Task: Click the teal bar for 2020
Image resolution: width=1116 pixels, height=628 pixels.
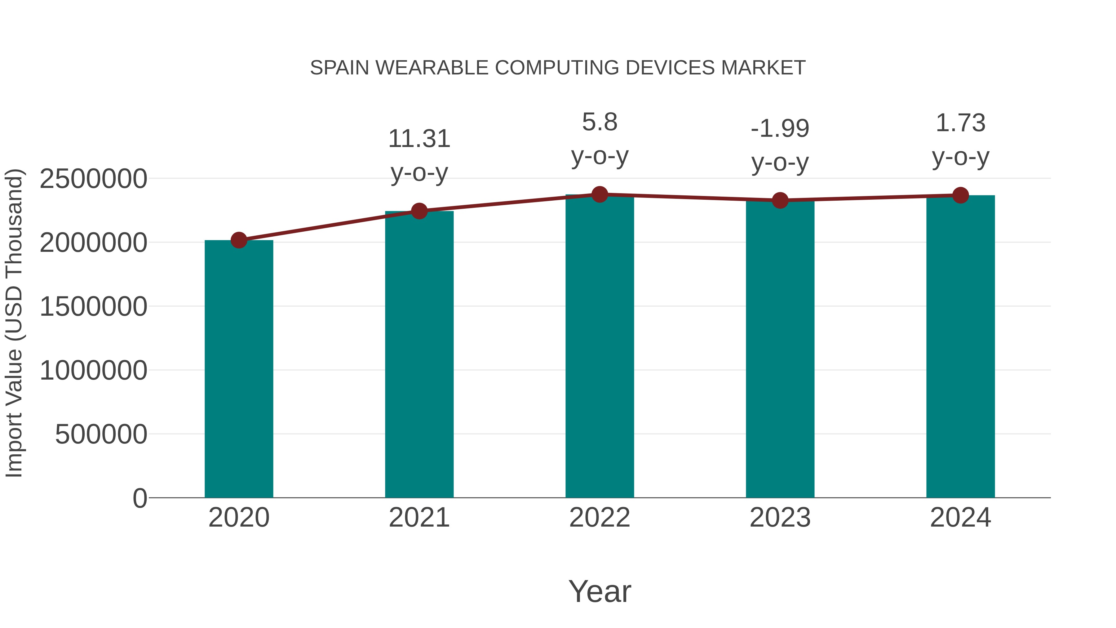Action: click(x=239, y=368)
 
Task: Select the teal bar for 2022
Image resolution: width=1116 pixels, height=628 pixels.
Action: click(x=600, y=347)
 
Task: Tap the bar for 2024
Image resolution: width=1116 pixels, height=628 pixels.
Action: click(x=960, y=347)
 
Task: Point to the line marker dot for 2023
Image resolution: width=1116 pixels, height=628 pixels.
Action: click(x=780, y=200)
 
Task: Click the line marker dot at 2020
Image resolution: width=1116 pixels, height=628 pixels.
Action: click(x=239, y=240)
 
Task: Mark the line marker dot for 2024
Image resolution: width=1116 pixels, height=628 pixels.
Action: click(x=960, y=195)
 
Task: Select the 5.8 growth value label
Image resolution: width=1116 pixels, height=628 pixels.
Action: click(x=600, y=122)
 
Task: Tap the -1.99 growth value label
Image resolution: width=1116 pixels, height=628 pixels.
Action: click(x=780, y=129)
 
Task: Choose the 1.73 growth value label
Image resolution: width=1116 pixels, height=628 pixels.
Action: click(x=960, y=123)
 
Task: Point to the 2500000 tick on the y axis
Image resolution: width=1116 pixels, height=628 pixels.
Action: click(x=93, y=179)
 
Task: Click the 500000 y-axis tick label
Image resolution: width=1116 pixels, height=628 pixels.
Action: click(x=101, y=434)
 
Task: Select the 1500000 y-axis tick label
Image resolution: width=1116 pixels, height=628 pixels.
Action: click(x=93, y=306)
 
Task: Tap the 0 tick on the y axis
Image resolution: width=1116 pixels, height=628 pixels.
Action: click(x=140, y=498)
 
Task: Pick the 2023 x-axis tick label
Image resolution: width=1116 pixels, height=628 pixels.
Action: click(x=780, y=518)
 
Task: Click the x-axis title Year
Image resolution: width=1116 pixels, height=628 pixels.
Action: click(x=600, y=591)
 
